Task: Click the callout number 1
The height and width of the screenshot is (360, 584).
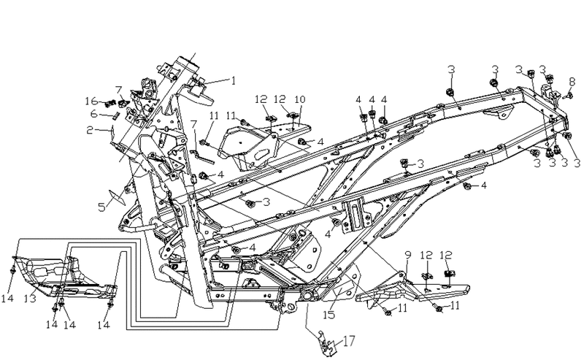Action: click(234, 81)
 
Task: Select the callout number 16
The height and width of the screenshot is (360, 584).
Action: click(91, 101)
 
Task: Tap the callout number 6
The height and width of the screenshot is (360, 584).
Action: click(94, 114)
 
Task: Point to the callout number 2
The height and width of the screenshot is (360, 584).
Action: click(90, 130)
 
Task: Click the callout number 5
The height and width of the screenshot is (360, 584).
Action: click(101, 207)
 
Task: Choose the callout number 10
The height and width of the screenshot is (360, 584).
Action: click(300, 99)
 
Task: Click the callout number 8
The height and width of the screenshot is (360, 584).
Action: click(572, 82)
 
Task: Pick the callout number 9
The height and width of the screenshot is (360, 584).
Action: click(408, 256)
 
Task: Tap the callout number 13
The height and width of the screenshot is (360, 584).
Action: click(30, 299)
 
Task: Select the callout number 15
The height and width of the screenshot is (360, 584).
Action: click(328, 315)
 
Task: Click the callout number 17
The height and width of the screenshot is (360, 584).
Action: click(349, 341)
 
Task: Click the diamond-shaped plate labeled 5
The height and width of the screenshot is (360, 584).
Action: click(117, 197)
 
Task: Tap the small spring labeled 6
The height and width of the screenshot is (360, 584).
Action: click(116, 115)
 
